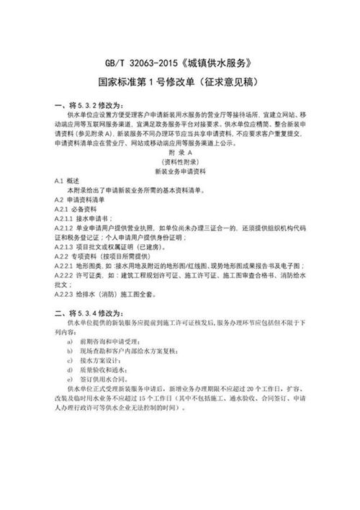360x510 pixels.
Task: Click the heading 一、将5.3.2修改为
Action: click(91, 106)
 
